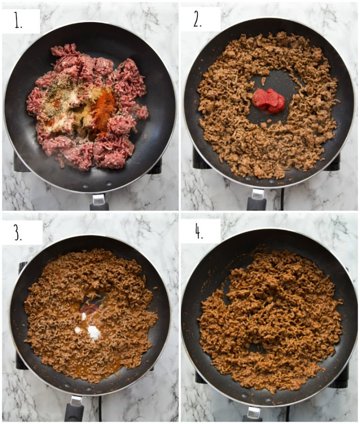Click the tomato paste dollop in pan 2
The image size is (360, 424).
pyautogui.click(x=269, y=101)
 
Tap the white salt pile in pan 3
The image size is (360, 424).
pyautogui.click(x=93, y=333)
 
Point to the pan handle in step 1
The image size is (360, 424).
pyautogui.click(x=99, y=202)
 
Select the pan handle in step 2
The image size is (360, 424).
pyautogui.click(x=257, y=200)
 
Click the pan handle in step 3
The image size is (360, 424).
pyautogui.click(x=75, y=409)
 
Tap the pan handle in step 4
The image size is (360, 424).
pyautogui.click(x=254, y=414)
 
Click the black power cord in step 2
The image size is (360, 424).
pyautogui.click(x=281, y=199)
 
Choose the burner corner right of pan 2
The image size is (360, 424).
pyautogui.click(x=334, y=162)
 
